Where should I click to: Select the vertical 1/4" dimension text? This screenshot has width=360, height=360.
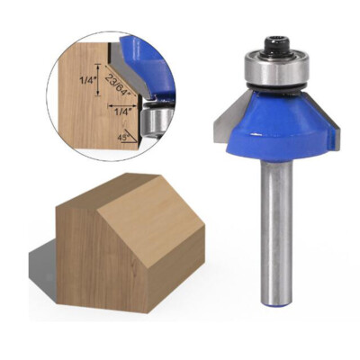85,80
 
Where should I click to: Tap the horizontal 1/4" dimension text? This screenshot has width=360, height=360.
124,112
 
